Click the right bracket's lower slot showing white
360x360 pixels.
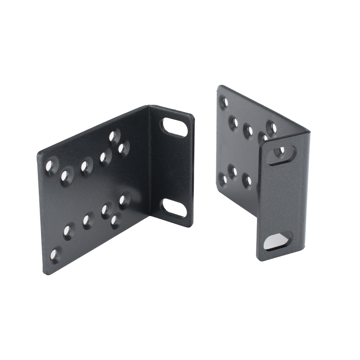(x=274, y=240)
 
